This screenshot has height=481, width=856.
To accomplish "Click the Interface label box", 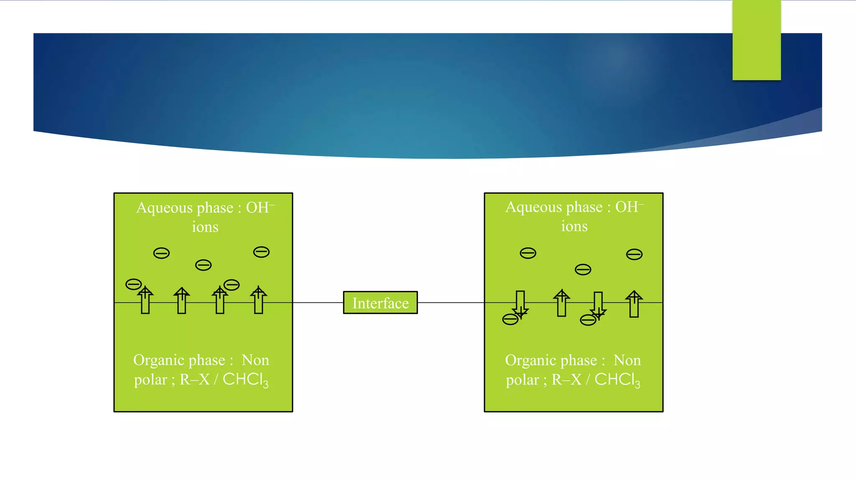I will click(x=380, y=303).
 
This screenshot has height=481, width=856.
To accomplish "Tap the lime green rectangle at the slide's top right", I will click(x=756, y=40).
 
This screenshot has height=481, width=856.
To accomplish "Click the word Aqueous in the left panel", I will click(x=164, y=208).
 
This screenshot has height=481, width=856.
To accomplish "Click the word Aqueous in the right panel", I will click(x=533, y=207).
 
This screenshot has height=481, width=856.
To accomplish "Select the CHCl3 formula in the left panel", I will click(x=245, y=380).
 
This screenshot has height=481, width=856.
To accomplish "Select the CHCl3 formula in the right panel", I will click(x=617, y=380).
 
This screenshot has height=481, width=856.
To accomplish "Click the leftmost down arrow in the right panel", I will click(x=520, y=304).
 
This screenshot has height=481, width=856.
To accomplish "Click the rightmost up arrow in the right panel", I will click(x=634, y=304).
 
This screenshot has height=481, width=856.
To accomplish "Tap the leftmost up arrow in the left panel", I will click(x=145, y=300).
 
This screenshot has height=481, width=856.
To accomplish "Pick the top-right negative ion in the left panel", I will click(x=261, y=252).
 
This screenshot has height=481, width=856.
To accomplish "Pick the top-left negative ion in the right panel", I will click(x=527, y=253).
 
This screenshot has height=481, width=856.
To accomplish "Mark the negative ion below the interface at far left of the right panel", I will click(x=510, y=319).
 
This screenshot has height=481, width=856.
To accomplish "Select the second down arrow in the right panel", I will click(x=598, y=305).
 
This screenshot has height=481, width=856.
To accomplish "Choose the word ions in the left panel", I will click(x=205, y=227).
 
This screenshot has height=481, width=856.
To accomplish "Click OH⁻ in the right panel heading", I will click(x=629, y=207).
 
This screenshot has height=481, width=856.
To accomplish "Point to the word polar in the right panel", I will click(x=522, y=380).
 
